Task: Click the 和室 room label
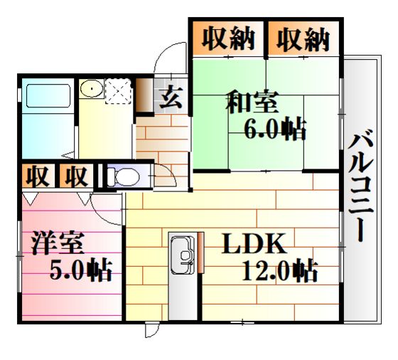tap(252, 102)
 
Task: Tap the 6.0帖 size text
tap(275, 129)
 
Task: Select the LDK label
tap(254, 243)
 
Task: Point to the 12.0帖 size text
tap(280, 270)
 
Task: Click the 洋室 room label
tap(58, 243)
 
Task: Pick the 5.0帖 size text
tap(81, 270)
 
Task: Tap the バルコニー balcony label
tap(360, 185)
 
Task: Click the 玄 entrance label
tap(171, 97)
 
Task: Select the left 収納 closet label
tap(228, 39)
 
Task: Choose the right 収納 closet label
tap(303, 39)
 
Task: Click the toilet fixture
tap(124, 176)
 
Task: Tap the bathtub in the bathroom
tap(48, 96)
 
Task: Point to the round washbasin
tap(92, 88)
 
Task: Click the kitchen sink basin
tap(182, 255)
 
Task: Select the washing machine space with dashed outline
tap(119, 91)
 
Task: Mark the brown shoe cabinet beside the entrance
tap(144, 95)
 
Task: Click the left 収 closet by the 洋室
tap(38, 176)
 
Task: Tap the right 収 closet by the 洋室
tap(76, 176)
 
